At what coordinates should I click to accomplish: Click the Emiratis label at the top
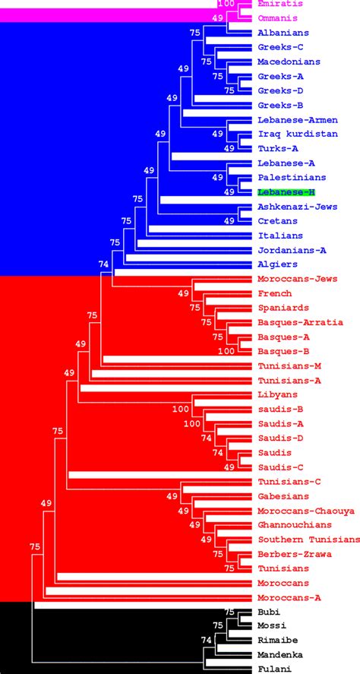276,4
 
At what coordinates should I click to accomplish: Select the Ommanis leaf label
276,17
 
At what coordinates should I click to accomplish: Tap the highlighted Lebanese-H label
284,192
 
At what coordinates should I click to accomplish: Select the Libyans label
277,395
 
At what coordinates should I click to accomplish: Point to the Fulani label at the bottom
273,669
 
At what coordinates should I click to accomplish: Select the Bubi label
269,612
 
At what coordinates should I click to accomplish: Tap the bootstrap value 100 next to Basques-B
226,352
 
